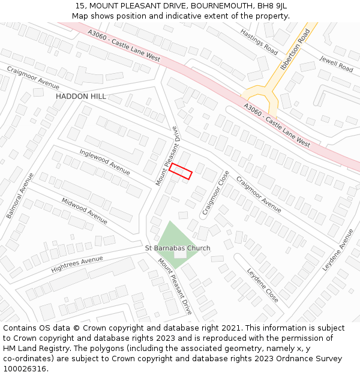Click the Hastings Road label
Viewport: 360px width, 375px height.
pyautogui.click(x=259, y=41)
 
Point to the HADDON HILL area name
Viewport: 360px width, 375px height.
pyautogui.click(x=81, y=97)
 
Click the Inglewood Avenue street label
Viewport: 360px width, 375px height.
pyautogui.click(x=104, y=162)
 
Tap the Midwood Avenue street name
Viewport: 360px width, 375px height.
pyautogui.click(x=85, y=211)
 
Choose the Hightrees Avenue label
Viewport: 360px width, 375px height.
pyautogui.click(x=77, y=264)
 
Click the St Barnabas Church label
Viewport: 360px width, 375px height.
pyautogui.click(x=178, y=248)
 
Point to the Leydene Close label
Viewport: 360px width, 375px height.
pyautogui.click(x=263, y=284)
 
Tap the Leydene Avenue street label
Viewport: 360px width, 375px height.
pyautogui.click(x=338, y=249)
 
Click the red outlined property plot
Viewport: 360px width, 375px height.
pyautogui.click(x=180, y=172)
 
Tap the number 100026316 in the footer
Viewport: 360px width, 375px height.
pyautogui.click(x=25, y=369)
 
